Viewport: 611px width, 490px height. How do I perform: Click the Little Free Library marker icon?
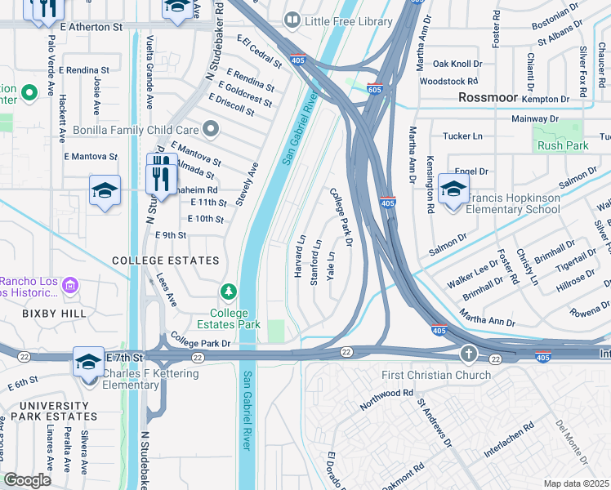(292, 20)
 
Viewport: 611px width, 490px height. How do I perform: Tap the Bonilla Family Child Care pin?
(212, 129)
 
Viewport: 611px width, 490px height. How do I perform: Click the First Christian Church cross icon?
(468, 354)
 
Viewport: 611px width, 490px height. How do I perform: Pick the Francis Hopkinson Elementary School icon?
(454, 189)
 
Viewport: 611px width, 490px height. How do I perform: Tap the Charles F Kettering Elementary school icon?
(88, 359)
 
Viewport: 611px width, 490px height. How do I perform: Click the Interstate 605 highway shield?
(374, 90)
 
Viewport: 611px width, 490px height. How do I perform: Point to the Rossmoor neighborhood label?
(488, 97)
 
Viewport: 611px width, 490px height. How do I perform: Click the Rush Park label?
(563, 146)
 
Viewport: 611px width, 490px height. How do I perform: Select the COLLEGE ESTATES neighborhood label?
(166, 261)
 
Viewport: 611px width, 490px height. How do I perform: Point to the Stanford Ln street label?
(315, 262)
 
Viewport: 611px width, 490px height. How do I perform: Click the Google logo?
(27, 480)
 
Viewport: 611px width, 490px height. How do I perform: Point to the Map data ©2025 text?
(576, 483)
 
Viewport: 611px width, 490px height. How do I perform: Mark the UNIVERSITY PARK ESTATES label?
(47, 410)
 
